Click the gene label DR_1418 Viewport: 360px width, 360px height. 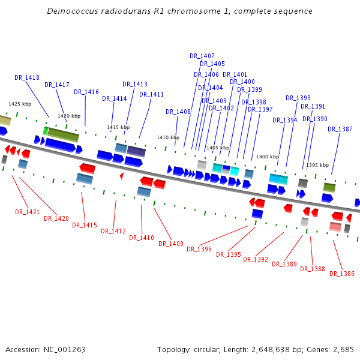[x=27, y=78]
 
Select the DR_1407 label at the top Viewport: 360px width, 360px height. [x=202, y=56]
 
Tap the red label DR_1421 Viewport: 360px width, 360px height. [x=27, y=212]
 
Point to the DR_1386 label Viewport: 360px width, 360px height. [x=342, y=274]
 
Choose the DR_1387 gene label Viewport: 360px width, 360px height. [x=340, y=130]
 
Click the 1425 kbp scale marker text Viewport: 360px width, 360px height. [x=19, y=104]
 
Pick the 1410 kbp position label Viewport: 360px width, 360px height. [x=168, y=138]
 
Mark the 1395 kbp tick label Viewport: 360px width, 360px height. [x=317, y=165]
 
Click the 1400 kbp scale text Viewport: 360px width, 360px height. [x=268, y=157]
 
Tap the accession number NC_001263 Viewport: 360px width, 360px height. [x=64, y=350]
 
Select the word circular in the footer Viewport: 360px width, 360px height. [x=211, y=350]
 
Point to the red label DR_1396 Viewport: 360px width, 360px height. [x=199, y=250]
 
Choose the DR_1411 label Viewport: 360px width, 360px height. [x=151, y=95]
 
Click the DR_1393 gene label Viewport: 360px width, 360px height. [x=298, y=98]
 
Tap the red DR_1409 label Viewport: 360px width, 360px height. [x=171, y=244]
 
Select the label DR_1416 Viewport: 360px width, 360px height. [x=86, y=92]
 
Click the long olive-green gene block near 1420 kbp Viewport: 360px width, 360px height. [x=64, y=134]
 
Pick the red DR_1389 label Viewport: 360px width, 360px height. [x=284, y=265]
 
